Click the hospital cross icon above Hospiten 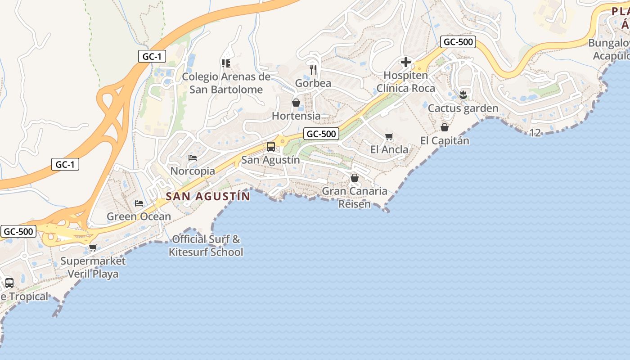click(406, 62)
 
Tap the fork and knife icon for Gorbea click(314, 69)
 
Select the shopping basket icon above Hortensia click(296, 103)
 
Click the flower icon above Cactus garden click(463, 95)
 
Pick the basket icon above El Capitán click(445, 127)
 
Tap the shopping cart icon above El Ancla click(389, 136)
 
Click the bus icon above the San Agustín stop click(270, 147)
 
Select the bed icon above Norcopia click(193, 158)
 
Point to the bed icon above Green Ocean click(139, 203)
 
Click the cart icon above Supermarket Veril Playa click(93, 247)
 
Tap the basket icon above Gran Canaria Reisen click(355, 178)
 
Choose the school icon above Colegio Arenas click(226, 63)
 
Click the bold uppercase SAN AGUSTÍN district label click(208, 197)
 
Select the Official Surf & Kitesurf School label click(206, 246)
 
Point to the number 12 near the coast click(535, 133)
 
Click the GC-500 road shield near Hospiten click(458, 42)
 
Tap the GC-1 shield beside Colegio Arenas click(152, 56)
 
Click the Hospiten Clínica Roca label click(406, 82)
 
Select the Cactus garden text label click(463, 108)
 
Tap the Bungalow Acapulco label click(610, 49)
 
